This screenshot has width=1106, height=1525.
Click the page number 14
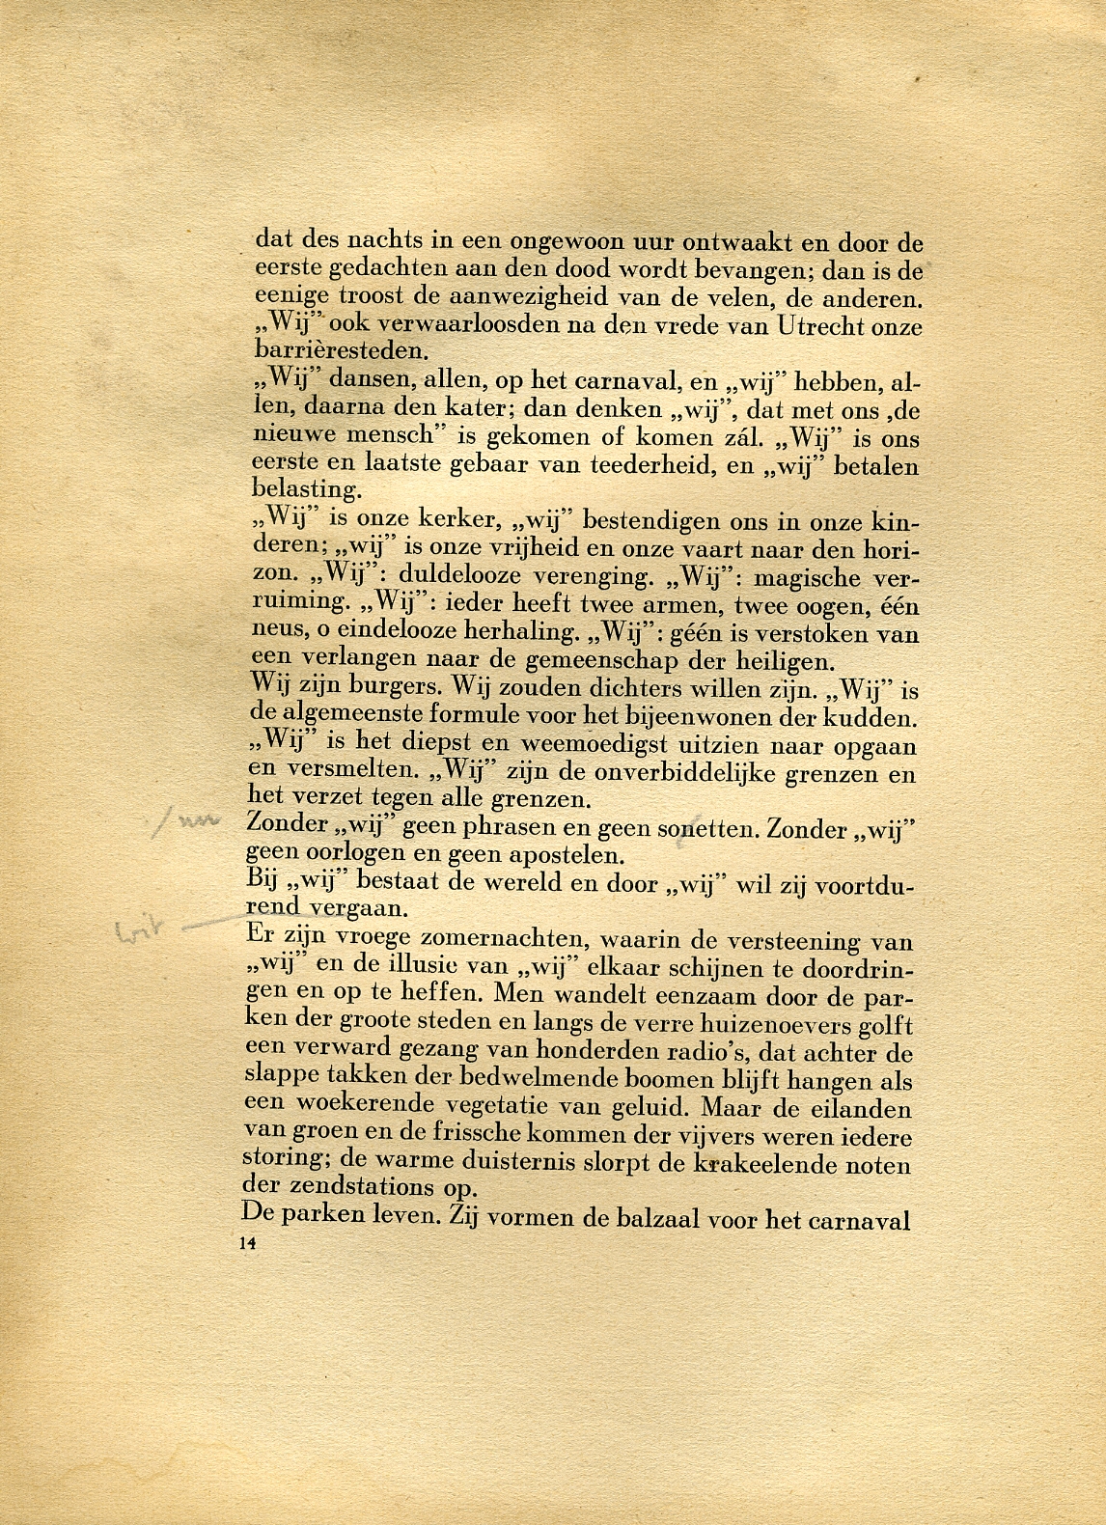[243, 1245]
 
